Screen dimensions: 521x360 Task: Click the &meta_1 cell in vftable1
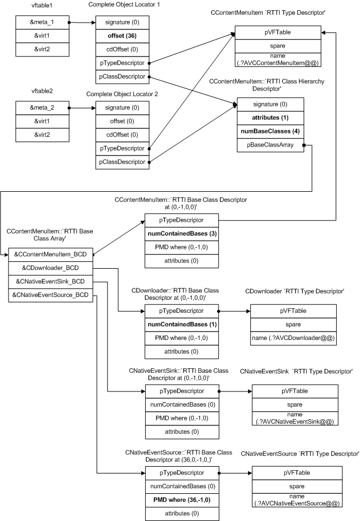click(41, 23)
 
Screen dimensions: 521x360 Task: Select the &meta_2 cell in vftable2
click(41, 107)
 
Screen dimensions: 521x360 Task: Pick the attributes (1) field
click(270, 118)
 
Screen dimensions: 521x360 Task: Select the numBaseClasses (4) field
click(270, 132)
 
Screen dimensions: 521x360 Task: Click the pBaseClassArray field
click(270, 147)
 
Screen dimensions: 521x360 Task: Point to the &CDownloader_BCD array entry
click(50, 268)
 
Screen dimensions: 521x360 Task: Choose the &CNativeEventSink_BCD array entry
click(50, 281)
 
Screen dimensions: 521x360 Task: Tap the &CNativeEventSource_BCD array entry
click(50, 295)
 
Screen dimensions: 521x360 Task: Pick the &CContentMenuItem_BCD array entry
click(50, 254)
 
